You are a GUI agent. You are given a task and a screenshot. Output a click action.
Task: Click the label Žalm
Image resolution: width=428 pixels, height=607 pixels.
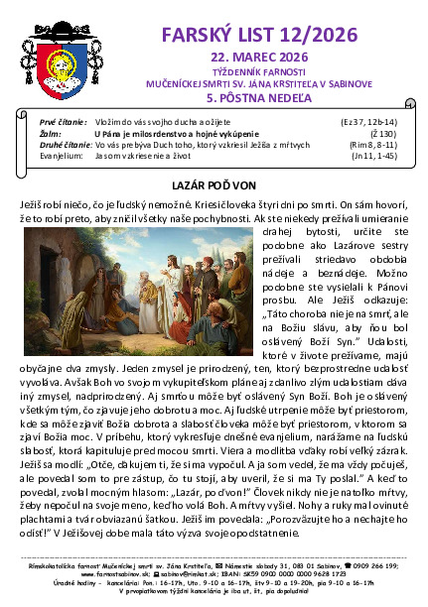(x=48, y=132)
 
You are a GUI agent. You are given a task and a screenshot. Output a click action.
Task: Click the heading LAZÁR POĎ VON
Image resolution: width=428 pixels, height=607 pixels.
(x=214, y=185)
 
